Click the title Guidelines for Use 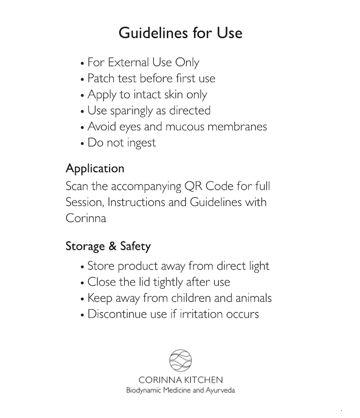point(180,33)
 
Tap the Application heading point(95,169)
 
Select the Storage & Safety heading point(108,246)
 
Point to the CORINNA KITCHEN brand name point(180,380)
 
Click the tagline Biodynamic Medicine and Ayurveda point(180,390)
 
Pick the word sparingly point(131,111)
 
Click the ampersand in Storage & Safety point(112,246)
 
